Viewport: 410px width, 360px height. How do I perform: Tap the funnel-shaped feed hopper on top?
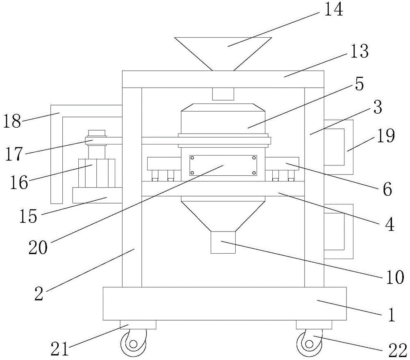(223, 49)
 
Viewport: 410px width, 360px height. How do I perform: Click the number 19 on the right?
(386, 136)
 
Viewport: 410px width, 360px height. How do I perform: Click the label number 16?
(19, 182)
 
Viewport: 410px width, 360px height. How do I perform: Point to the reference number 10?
(394, 278)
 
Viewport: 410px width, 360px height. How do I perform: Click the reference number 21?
(59, 349)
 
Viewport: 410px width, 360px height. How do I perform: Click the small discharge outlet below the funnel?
(223, 242)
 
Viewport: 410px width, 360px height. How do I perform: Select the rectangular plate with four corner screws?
(223, 165)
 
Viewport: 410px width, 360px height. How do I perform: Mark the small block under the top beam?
(223, 94)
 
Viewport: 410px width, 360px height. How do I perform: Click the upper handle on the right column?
(339, 147)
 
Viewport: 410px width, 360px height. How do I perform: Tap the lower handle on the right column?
(339, 231)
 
